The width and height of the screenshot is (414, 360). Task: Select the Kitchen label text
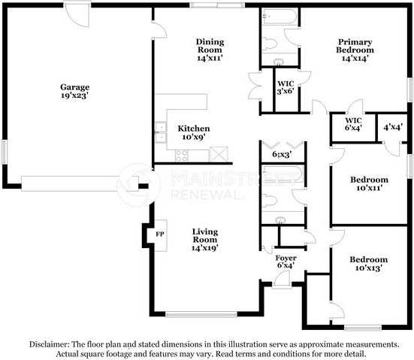(193, 129)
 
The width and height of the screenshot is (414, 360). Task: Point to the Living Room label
(205, 236)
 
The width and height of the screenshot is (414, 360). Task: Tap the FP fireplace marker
(159, 234)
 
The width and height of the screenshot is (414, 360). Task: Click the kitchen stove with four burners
(182, 156)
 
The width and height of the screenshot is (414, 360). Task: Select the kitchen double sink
(160, 133)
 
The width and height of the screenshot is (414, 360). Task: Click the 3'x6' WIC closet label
(286, 88)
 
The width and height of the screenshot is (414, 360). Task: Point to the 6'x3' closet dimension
(283, 155)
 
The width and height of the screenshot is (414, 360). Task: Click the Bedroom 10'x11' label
(369, 184)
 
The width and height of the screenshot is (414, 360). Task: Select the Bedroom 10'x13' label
(369, 263)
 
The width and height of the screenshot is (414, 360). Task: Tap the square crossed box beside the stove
(218, 154)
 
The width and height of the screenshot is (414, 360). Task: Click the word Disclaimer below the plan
(49, 343)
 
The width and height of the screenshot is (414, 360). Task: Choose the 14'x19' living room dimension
(205, 247)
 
